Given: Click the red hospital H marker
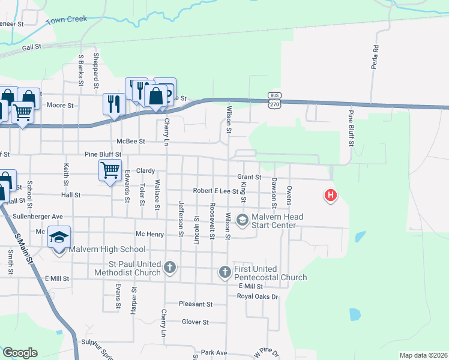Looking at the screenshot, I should (330, 196).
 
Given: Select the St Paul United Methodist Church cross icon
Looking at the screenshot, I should (170, 267).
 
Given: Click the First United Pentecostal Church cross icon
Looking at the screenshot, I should (224, 273).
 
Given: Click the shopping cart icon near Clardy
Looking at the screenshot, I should (110, 170).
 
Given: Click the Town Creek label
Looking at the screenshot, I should (67, 20).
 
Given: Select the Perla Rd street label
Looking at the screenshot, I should (375, 57).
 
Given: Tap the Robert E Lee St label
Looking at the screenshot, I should (215, 191).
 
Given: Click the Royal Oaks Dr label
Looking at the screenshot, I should (258, 296).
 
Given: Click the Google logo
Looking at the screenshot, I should (20, 353).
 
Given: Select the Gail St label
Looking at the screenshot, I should (31, 46).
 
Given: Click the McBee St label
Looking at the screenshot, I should (131, 142).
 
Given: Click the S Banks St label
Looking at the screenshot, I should (81, 70).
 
